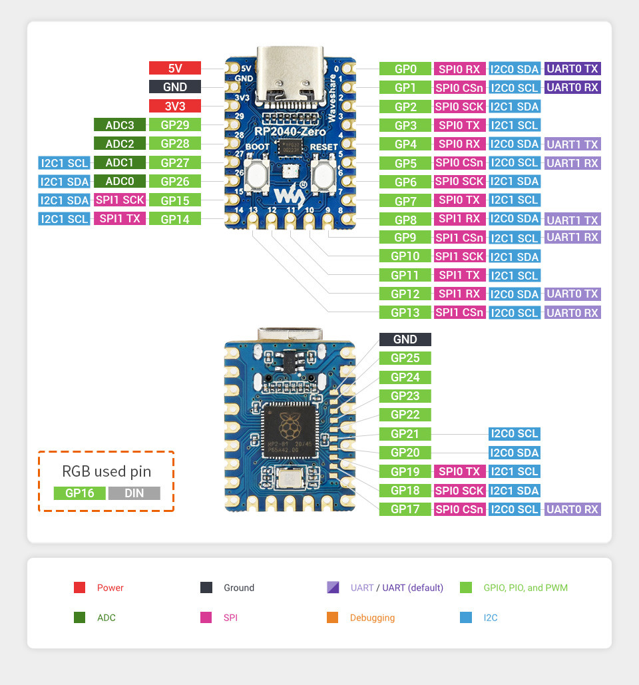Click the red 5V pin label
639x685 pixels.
coord(174,68)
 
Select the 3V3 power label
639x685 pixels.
coord(174,105)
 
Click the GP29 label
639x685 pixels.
coord(174,124)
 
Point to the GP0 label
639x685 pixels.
coord(405,69)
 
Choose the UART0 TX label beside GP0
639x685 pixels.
coord(572,69)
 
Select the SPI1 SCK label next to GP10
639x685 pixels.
coord(459,256)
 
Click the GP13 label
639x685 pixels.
coord(405,312)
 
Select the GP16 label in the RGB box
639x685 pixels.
coord(79,493)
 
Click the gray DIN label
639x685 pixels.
coord(134,493)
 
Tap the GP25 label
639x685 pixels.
coord(405,358)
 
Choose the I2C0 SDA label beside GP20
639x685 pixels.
coord(513,453)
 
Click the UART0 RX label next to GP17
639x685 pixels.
coord(572,509)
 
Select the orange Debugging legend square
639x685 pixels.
coord(333,618)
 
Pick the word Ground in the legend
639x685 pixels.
coord(239,588)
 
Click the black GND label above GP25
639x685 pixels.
coord(405,340)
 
